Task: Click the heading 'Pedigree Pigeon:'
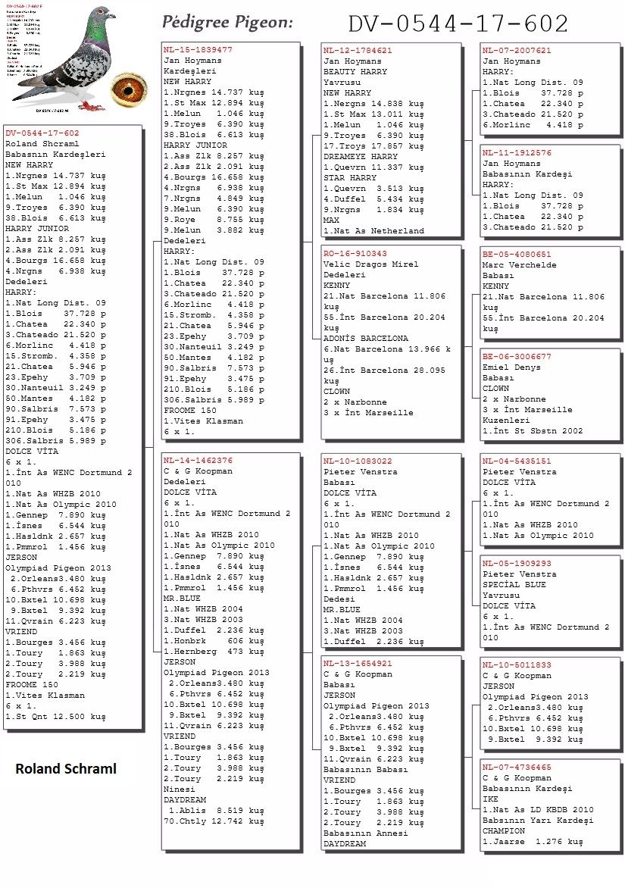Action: click(227, 23)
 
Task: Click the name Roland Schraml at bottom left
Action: click(66, 769)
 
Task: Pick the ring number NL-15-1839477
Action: click(198, 49)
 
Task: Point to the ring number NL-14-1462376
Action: click(198, 460)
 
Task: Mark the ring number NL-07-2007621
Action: click(517, 50)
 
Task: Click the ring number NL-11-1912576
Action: click(517, 152)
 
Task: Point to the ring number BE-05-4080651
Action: click(517, 255)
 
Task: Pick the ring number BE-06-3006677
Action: click(517, 356)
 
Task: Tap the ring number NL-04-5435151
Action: click(517, 461)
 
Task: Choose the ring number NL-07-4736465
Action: click(517, 767)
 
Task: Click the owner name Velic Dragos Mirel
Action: click(370, 264)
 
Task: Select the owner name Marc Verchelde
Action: click(519, 265)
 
